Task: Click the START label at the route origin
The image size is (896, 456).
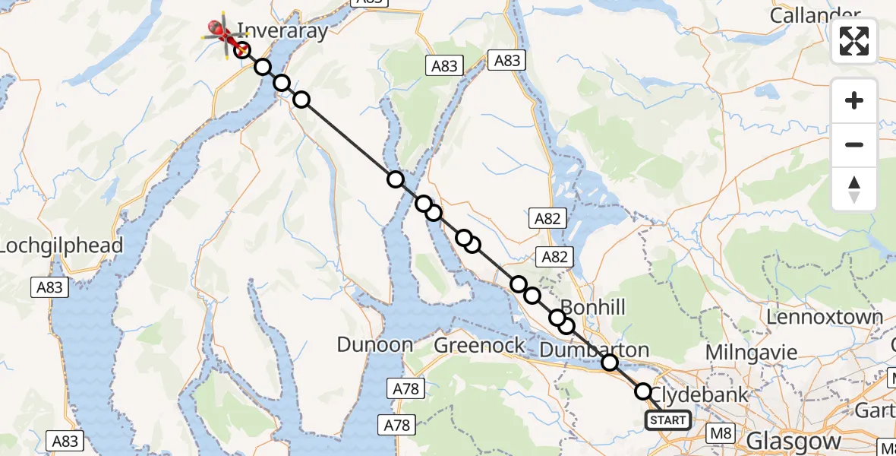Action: [x=668, y=420]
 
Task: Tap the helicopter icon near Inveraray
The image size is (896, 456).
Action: [x=222, y=33]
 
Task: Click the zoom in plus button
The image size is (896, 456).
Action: [x=854, y=101]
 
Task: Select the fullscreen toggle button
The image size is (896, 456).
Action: [x=854, y=41]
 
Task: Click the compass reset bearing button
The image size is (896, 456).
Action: [x=854, y=189]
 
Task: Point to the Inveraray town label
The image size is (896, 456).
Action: [x=282, y=31]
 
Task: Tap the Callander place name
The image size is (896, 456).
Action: [x=815, y=14]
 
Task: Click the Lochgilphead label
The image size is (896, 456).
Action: [x=61, y=246]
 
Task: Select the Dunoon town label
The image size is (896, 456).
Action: [x=375, y=345]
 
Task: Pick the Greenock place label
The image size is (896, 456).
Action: [x=479, y=346]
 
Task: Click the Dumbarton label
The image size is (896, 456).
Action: [x=594, y=350]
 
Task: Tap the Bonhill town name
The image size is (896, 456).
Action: [x=594, y=308]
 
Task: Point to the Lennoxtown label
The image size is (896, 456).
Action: [x=825, y=317]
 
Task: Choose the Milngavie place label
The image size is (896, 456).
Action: [x=752, y=353]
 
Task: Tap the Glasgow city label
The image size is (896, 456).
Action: [x=793, y=441]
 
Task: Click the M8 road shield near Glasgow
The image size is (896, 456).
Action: [x=720, y=434]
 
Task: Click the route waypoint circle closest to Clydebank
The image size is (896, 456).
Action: [x=643, y=391]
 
